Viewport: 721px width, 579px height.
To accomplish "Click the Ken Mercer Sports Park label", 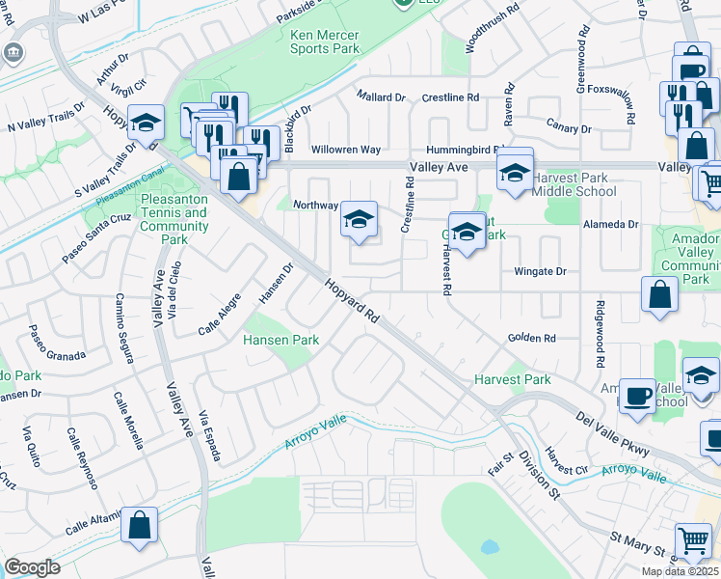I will [x=325, y=41].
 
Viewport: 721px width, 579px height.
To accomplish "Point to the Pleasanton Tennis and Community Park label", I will [x=174, y=219].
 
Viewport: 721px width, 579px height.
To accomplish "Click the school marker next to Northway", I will [x=359, y=221].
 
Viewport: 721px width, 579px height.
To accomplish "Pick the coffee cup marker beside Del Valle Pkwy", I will [x=636, y=396].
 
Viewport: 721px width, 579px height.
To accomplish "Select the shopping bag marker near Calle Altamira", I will [x=140, y=526].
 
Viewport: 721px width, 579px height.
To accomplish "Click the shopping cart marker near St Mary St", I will [x=694, y=541].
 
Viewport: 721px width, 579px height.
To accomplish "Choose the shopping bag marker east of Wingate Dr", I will [x=661, y=296].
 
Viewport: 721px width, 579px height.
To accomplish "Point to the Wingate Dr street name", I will [x=540, y=272].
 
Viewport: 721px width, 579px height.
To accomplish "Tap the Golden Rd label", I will [x=533, y=339].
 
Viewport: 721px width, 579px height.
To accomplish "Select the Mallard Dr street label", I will [x=381, y=97].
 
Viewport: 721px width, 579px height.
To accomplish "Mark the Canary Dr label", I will [x=568, y=128].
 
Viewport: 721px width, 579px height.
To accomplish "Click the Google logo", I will [x=32, y=567].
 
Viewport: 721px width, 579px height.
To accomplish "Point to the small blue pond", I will [x=489, y=547].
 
